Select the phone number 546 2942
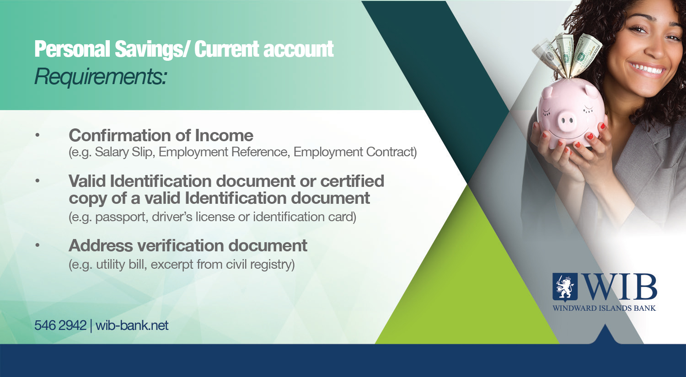pyautogui.click(x=60, y=325)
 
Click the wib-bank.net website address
pyautogui.click(x=132, y=325)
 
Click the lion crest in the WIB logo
pyautogui.click(x=565, y=287)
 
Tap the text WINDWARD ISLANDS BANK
pyautogui.click(x=604, y=308)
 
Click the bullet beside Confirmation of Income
pyautogui.click(x=38, y=135)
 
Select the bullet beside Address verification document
pyautogui.click(x=38, y=245)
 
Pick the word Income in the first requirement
pyautogui.click(x=224, y=135)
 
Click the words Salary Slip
pyautogui.click(x=124, y=152)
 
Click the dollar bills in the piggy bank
pyautogui.click(x=567, y=56)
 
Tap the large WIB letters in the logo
pyautogui.click(x=621, y=287)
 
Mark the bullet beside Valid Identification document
pyautogui.click(x=38, y=181)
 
